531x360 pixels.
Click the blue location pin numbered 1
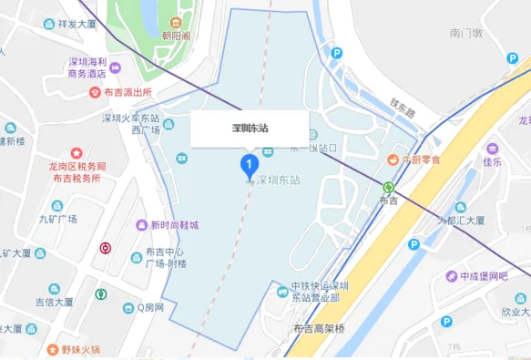(x=246, y=165)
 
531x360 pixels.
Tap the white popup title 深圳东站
(x=250, y=129)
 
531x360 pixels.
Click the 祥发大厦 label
(x=77, y=25)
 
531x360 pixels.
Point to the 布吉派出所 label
(x=127, y=92)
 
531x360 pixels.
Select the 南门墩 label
(x=466, y=33)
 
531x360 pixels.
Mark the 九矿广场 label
(x=57, y=220)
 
